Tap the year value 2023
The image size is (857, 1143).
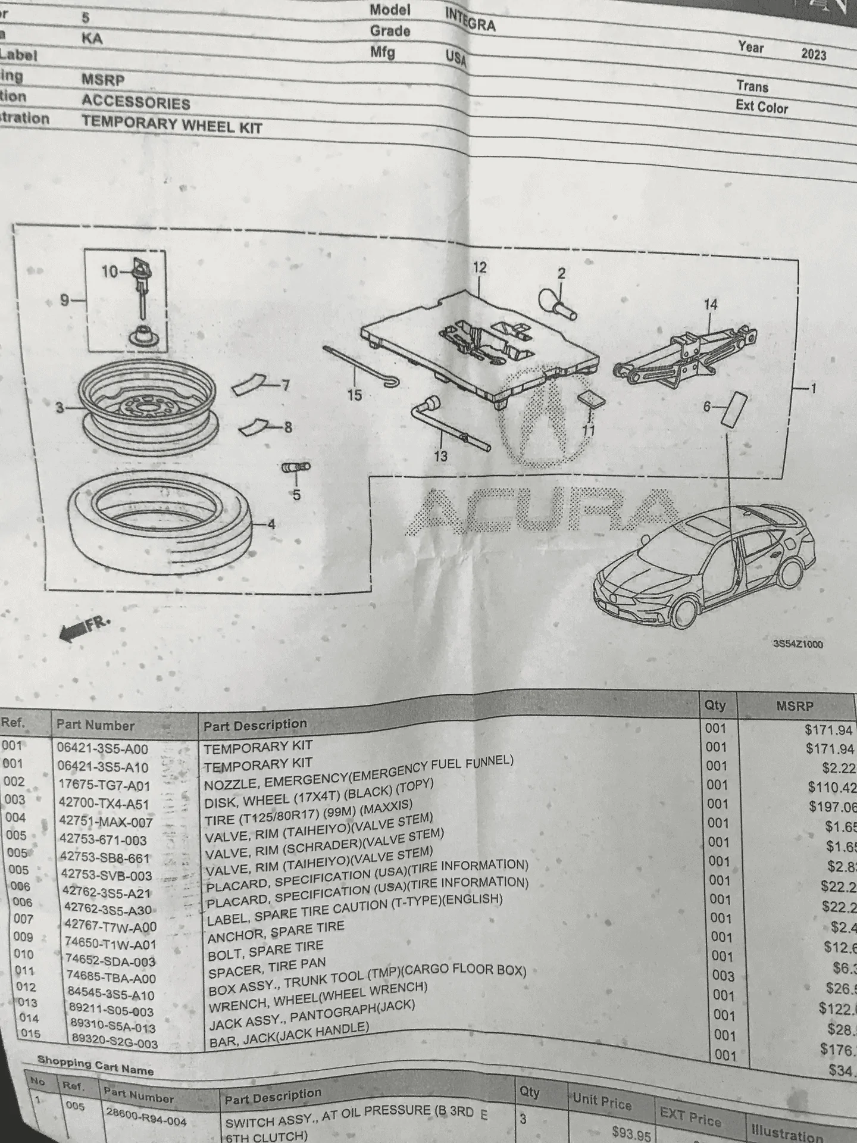click(814, 54)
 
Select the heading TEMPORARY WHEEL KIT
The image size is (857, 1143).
click(171, 124)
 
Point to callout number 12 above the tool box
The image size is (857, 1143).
click(480, 268)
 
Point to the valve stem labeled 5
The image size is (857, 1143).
click(295, 469)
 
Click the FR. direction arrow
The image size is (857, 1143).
click(84, 629)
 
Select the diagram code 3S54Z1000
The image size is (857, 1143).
click(797, 644)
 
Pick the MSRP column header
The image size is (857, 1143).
click(794, 706)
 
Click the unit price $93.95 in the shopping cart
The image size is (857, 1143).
click(631, 1134)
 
